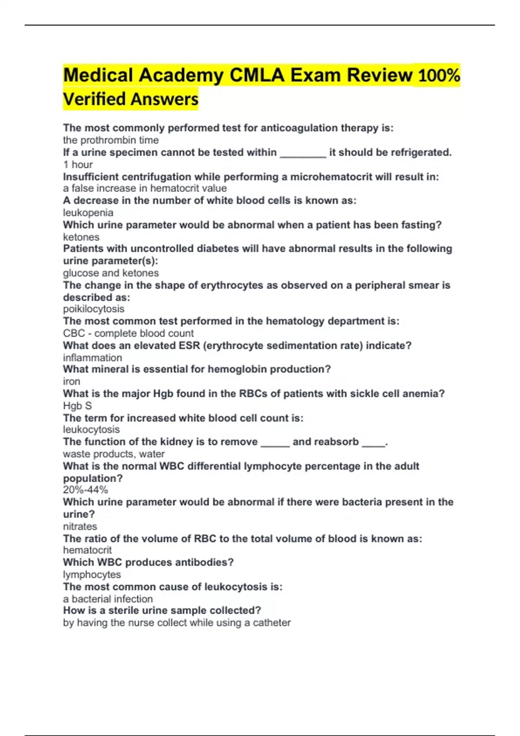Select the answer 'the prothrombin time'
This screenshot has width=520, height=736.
pyautogui.click(x=110, y=140)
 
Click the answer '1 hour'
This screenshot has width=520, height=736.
pyautogui.click(x=78, y=165)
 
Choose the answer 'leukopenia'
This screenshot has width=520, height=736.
pyautogui.click(x=88, y=213)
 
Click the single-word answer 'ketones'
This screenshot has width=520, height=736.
pyautogui.click(x=81, y=237)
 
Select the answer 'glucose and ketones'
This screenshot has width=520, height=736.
pyautogui.click(x=110, y=273)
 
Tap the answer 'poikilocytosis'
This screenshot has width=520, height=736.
pyautogui.click(x=94, y=309)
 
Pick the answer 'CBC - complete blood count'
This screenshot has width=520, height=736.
pyautogui.click(x=128, y=333)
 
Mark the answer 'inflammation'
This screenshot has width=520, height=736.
pyautogui.click(x=92, y=358)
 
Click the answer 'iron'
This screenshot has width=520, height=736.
pyautogui.click(x=71, y=381)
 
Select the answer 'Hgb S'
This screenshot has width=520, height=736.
pyautogui.click(x=77, y=406)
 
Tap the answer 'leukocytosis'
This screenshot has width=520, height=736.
pyautogui.click(x=91, y=429)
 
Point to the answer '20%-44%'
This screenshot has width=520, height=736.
pyautogui.click(x=85, y=490)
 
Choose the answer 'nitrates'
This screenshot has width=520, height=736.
pyautogui.click(x=80, y=526)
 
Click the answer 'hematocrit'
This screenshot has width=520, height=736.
pyautogui.click(x=87, y=550)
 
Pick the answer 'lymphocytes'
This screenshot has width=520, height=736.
pyautogui.click(x=92, y=575)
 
